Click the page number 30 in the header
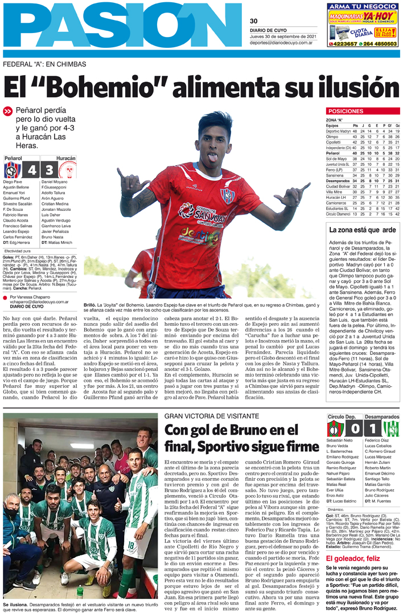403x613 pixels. click(254, 22)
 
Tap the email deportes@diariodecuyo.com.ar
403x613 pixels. click(280, 43)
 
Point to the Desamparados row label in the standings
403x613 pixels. click(338, 181)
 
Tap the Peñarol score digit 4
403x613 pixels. click(32, 170)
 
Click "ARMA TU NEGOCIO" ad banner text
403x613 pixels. click(363, 6)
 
